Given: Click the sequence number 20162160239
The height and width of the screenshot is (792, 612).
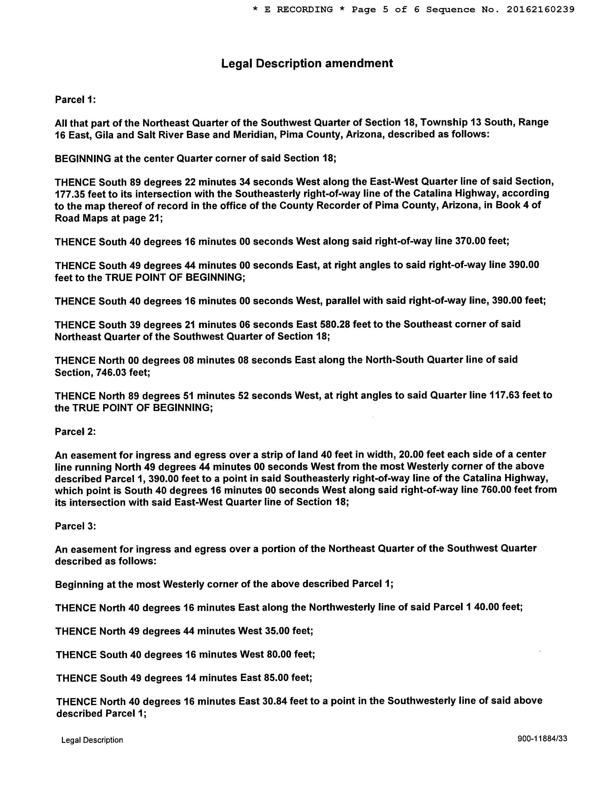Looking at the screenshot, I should coord(540,10).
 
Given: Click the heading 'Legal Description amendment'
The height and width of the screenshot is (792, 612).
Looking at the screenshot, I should coord(307,64).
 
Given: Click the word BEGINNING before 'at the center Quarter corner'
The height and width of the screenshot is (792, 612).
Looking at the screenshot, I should coord(83,158).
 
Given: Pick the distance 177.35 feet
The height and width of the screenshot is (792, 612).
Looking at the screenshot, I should coord(70,194).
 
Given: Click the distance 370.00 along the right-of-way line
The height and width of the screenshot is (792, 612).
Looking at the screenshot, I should coord(470,241).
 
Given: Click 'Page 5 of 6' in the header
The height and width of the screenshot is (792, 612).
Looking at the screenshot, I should coord(385,10).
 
